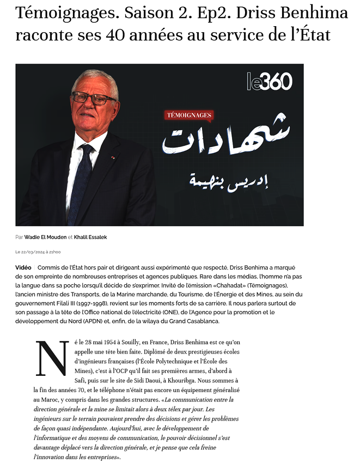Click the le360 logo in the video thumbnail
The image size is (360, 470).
tap(269, 82)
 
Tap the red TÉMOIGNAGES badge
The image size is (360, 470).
tap(188, 115)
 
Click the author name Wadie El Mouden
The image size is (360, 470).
tap(45, 237)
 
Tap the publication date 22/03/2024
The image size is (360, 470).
tap(30, 252)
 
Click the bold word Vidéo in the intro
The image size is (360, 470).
tap(23, 268)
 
